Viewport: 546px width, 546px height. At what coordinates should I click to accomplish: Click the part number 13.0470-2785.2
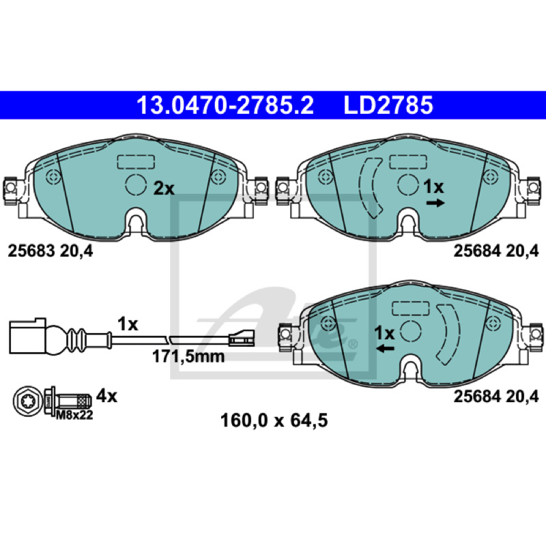click(x=225, y=105)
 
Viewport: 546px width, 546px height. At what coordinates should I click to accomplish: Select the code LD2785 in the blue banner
click(x=388, y=105)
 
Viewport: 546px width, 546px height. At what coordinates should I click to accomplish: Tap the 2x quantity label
click(x=164, y=189)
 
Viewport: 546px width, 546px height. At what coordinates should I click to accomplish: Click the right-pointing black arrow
click(x=435, y=203)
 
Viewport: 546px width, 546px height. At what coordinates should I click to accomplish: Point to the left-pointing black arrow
click(x=386, y=348)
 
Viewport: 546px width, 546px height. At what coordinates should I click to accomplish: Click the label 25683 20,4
click(x=51, y=250)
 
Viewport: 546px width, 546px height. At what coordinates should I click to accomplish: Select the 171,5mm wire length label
click(x=188, y=356)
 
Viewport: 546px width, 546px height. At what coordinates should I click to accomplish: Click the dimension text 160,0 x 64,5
click(x=274, y=420)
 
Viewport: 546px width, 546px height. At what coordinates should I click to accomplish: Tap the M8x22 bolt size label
click(x=74, y=415)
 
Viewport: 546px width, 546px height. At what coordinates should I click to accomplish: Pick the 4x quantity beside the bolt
click(x=107, y=396)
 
